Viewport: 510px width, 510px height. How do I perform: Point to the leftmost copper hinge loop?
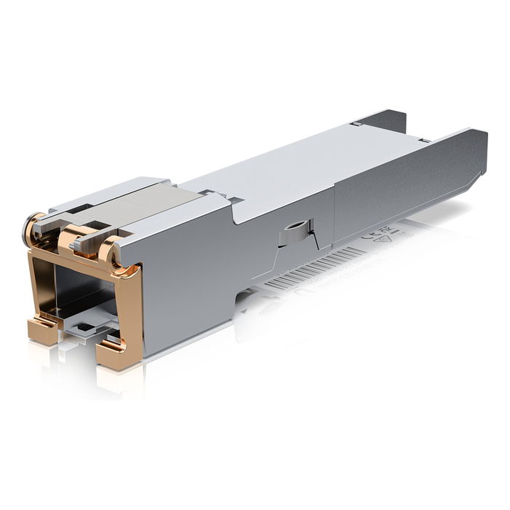click(x=32, y=228)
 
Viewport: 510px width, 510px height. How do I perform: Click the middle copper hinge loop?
click(x=72, y=238)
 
